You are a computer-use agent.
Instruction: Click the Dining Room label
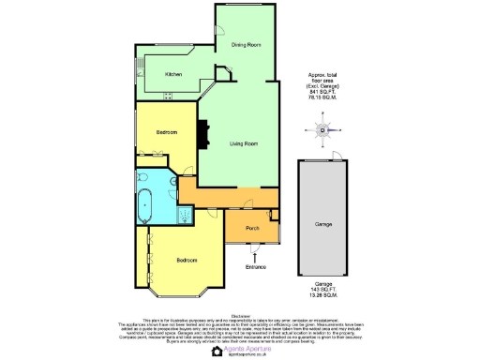246,45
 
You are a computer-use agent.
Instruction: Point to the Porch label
252,229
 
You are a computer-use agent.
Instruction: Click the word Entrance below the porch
256,267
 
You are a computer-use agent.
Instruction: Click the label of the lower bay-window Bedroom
187,260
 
